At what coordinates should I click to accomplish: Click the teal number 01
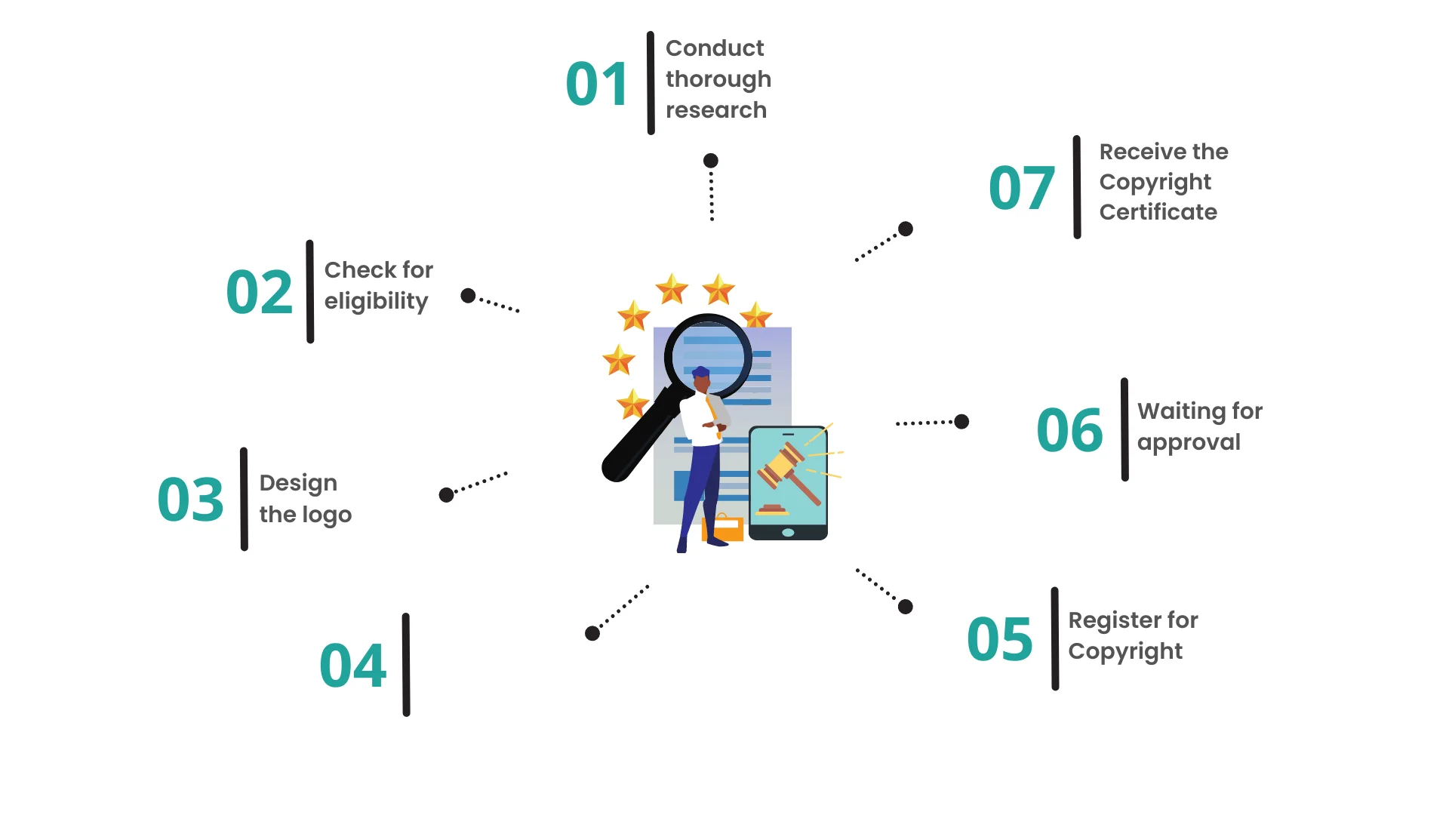596,84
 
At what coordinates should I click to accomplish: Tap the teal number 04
352,666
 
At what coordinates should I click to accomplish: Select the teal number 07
1021,188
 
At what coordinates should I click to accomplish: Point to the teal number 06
1069,430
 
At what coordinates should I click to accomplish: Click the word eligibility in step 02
376,301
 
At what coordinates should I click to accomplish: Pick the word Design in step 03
298,483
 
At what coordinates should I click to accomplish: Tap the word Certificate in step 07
1158,212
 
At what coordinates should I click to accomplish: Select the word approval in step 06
1189,442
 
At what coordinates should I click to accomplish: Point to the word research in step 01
715,110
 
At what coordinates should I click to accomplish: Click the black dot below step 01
710,161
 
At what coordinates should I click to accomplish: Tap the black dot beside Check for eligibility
468,296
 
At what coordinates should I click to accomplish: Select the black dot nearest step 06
961,422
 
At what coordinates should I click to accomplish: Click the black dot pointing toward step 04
592,634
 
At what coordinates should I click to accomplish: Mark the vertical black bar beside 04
406,665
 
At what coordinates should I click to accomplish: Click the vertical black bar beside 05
1054,638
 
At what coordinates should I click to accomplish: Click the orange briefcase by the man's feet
722,528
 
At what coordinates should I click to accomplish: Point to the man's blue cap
701,371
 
